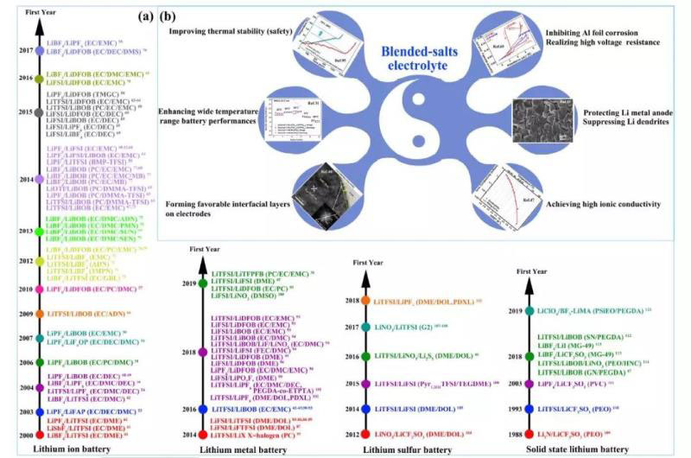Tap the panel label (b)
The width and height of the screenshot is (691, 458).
146,16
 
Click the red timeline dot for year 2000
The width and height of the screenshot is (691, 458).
40,434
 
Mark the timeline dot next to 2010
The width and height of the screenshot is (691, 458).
40,289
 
